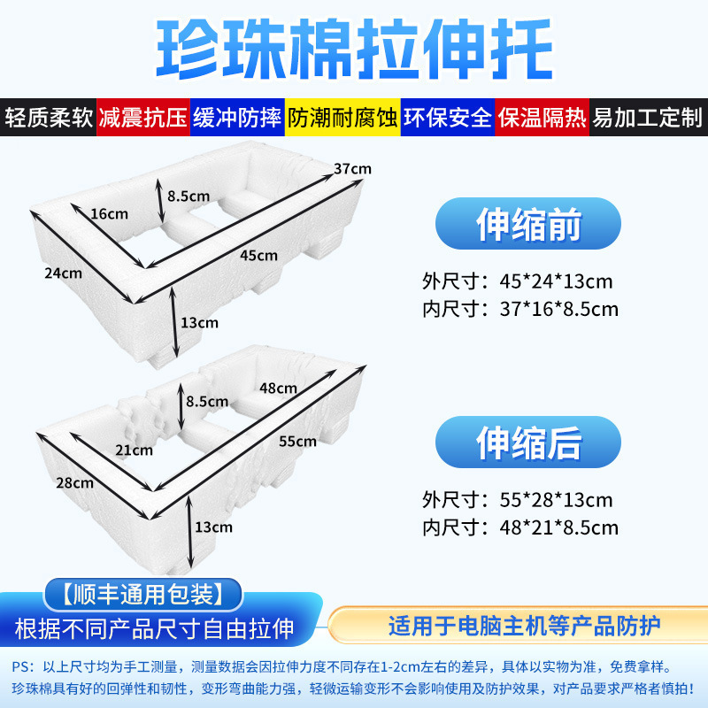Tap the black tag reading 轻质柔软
[x=49, y=118]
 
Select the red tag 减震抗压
[x=143, y=118]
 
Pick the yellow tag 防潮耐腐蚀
[x=342, y=118]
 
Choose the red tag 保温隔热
[x=541, y=118]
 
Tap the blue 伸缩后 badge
[x=528, y=442]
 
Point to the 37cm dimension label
[x=352, y=169]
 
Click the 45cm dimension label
[x=258, y=255]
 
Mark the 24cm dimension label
[x=63, y=273]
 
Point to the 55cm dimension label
[x=297, y=441]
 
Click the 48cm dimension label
[x=278, y=387]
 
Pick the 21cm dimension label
[x=134, y=450]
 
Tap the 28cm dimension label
[x=74, y=482]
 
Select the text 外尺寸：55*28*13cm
[x=518, y=500]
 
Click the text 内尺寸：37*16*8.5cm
[x=519, y=309]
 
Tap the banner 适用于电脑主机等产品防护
[x=524, y=627]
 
